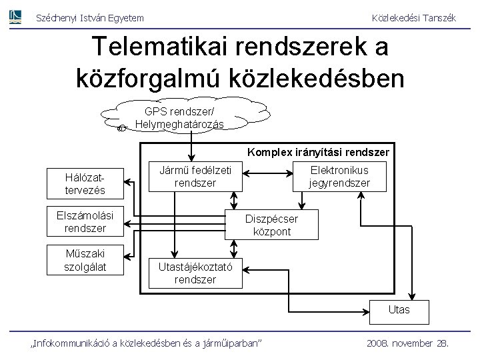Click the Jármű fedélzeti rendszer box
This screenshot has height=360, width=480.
pyautogui.click(x=195, y=175)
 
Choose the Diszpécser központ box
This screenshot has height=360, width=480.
pyautogui.click(x=272, y=225)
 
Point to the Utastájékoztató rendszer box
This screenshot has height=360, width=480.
pyautogui.click(x=195, y=273)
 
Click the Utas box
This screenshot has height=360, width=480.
pyautogui.click(x=400, y=310)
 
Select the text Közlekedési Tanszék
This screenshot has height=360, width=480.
pyautogui.click(x=413, y=19)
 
